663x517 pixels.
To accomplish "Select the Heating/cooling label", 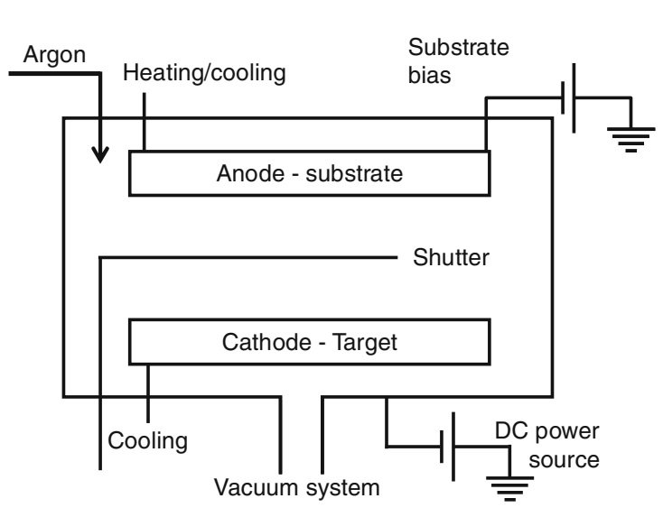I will (203, 74).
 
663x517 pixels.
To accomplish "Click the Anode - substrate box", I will (310, 173).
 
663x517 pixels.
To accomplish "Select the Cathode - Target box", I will (310, 342).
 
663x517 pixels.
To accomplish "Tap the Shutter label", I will (452, 258).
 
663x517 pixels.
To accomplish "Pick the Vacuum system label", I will (297, 489).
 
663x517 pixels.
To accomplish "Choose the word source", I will (564, 459).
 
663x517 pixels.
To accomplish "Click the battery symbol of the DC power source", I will (448, 445).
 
